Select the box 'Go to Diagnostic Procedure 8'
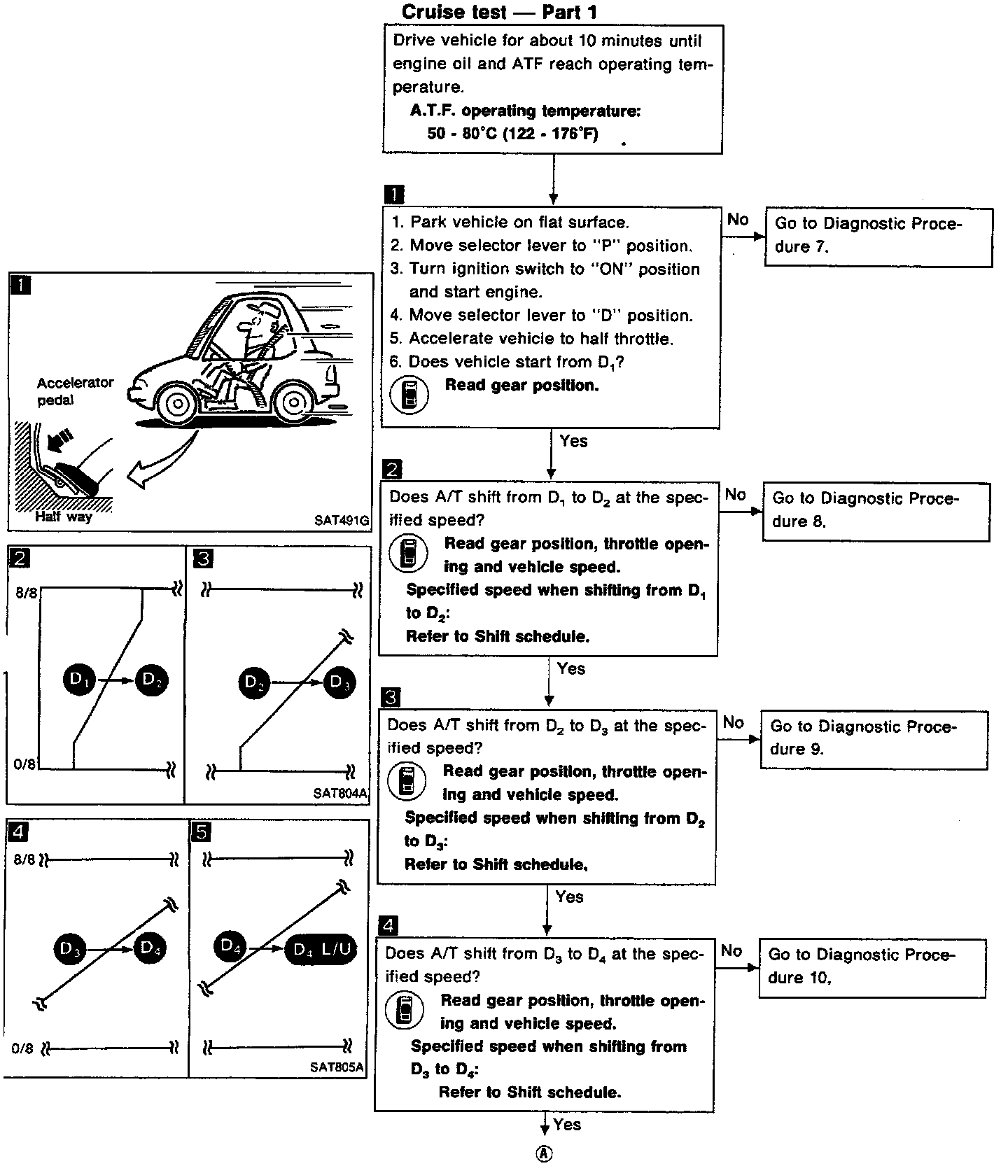(876, 512)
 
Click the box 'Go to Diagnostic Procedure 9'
(874, 740)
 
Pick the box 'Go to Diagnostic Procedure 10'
(871, 968)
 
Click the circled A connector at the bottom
(544, 1154)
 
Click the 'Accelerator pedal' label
(75, 391)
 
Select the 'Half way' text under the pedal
(64, 517)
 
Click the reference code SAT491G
(342, 520)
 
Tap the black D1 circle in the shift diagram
(80, 680)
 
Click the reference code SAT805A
(337, 1067)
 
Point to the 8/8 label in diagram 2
(25, 593)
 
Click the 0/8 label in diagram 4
(22, 1048)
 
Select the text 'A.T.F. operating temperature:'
(525, 111)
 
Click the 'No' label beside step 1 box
(738, 220)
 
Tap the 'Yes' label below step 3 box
(569, 897)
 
